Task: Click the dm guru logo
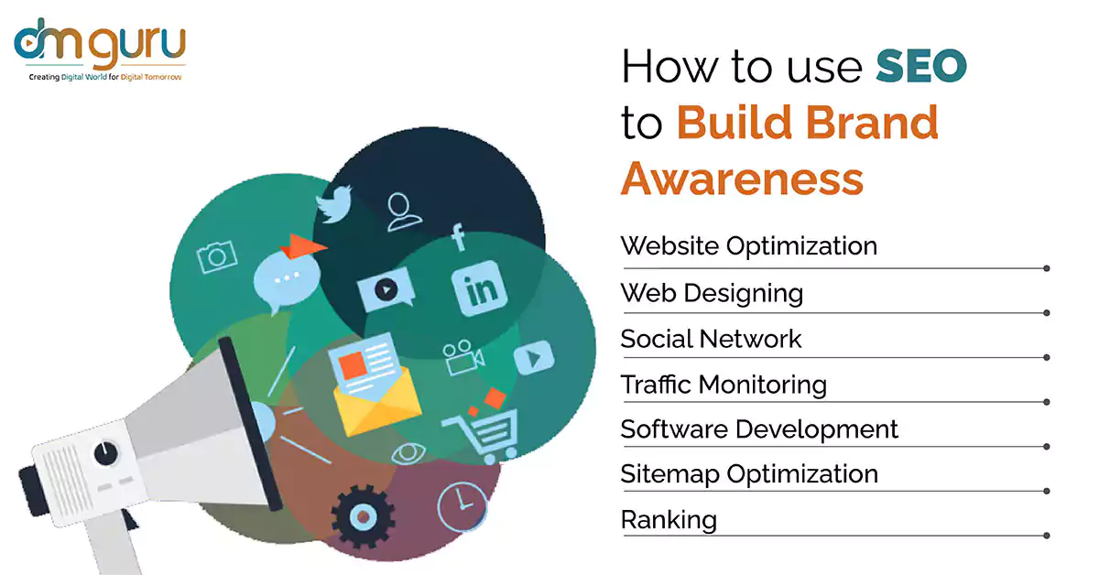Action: tap(100, 49)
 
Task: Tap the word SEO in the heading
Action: tap(921, 66)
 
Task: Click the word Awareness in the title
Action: tap(743, 179)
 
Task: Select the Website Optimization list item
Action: tap(749, 245)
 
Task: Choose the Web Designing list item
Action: tap(712, 294)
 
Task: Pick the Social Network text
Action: tap(711, 339)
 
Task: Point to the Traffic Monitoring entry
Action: tap(724, 385)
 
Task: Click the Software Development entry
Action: tap(759, 429)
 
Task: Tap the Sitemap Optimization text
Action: tap(749, 474)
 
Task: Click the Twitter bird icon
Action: tap(334, 203)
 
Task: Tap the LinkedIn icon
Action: tap(479, 288)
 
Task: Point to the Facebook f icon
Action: tap(458, 237)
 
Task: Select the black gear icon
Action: tap(363, 516)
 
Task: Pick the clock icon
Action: tap(462, 507)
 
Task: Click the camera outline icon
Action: tap(217, 256)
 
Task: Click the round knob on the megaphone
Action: tap(105, 454)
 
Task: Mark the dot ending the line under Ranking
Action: tap(1047, 536)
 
